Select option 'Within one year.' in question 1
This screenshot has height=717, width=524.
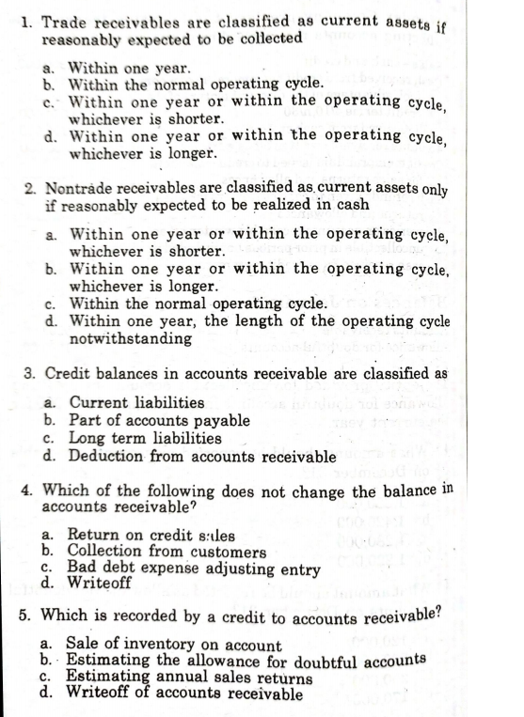tap(132, 69)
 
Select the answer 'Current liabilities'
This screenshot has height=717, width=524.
tap(137, 403)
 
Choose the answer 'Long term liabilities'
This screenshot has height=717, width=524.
tap(146, 438)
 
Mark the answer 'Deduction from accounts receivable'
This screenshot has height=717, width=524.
tap(202, 457)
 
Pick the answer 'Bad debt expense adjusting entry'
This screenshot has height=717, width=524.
tap(195, 569)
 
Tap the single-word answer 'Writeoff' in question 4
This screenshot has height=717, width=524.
tap(100, 583)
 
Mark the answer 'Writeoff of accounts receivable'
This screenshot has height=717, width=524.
tap(186, 694)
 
